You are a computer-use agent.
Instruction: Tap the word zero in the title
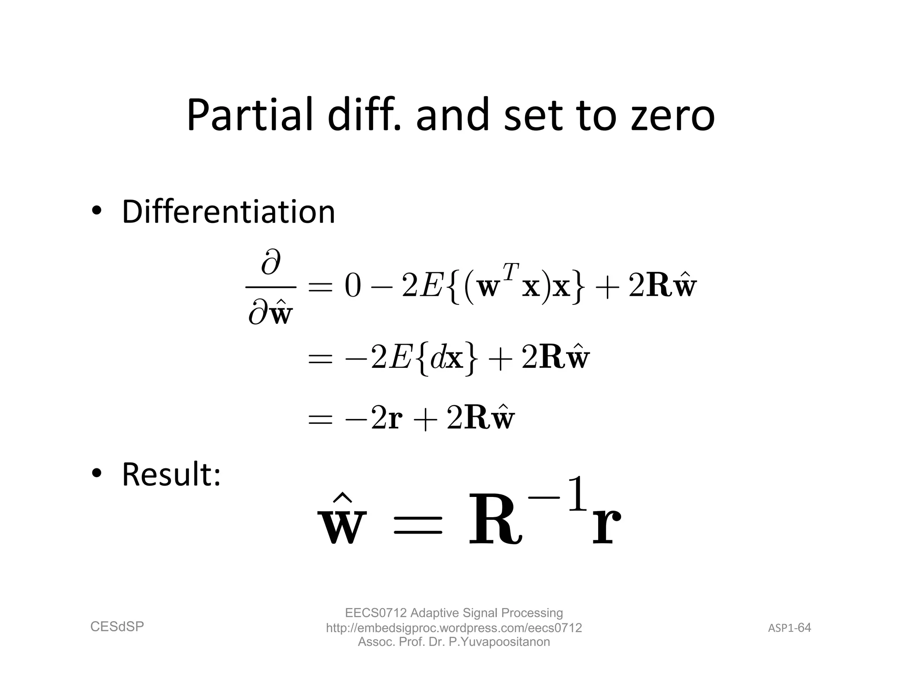click(673, 115)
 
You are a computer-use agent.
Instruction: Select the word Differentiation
click(228, 212)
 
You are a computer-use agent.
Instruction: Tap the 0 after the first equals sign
click(353, 287)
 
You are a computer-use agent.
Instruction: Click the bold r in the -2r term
click(396, 419)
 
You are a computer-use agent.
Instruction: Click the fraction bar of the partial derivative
click(270, 288)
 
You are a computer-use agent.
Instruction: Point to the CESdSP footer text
click(117, 627)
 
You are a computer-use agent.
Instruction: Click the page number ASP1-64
click(789, 628)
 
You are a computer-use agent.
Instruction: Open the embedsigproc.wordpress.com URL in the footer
click(454, 628)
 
